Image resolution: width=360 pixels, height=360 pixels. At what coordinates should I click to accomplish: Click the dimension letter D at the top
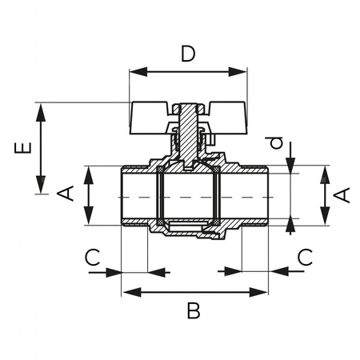(188, 54)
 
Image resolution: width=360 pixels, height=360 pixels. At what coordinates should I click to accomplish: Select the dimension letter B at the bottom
(194, 310)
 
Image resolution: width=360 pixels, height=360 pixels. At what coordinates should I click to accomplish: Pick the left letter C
(93, 257)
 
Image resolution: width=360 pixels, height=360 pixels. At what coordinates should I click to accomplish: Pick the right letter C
(305, 257)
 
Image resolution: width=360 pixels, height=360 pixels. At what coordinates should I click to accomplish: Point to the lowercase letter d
(277, 143)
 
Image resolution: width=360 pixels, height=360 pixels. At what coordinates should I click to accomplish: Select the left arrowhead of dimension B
(127, 291)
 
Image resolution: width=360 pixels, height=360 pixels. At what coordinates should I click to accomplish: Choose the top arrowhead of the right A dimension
(326, 170)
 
